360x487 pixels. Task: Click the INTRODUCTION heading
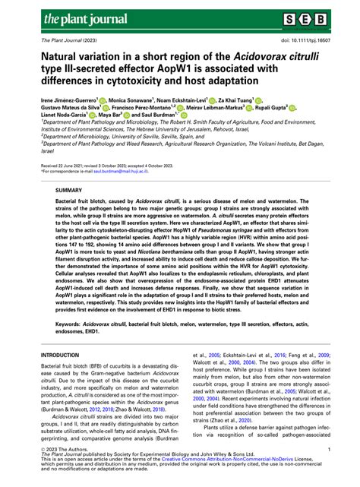tap(64, 355)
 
